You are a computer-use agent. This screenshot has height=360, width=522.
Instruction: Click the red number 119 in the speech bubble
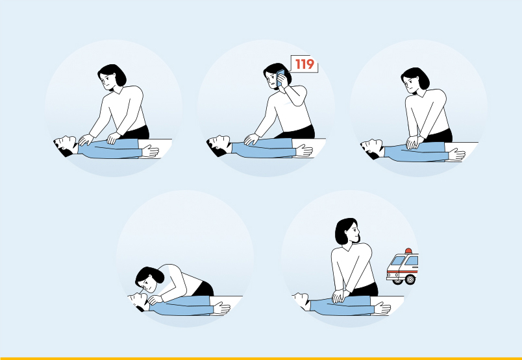pos(304,64)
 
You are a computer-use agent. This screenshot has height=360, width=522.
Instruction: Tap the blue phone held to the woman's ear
pos(280,78)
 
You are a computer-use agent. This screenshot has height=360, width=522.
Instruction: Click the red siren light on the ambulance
pos(408,250)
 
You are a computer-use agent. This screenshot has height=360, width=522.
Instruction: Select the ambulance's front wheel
pos(410,279)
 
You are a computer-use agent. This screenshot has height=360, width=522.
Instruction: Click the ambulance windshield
pos(398,261)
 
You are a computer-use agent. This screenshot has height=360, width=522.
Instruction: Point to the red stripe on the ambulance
pos(402,271)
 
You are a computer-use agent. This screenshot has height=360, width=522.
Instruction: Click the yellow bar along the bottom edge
pos(261,358)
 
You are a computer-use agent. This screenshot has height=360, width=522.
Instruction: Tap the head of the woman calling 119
pos(277,76)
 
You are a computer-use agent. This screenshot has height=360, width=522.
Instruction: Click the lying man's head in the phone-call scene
pos(219,145)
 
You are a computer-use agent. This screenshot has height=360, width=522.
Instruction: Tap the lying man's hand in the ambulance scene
pos(382,308)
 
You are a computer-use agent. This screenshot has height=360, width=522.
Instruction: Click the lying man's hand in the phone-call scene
pos(304,150)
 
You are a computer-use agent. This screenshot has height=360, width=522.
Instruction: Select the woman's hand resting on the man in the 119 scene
pos(252,139)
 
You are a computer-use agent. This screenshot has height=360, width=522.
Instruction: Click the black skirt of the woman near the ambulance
pos(364,289)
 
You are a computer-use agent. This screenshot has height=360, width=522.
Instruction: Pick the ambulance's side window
pos(412,260)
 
